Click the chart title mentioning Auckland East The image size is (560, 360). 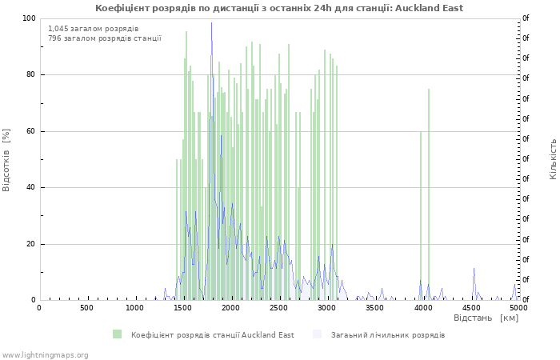tap(279, 8)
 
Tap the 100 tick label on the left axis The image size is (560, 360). tap(29, 18)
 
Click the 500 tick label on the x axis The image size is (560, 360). tap(86, 308)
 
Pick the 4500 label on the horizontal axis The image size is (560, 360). tap(470, 308)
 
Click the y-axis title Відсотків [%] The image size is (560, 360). tap(6, 160)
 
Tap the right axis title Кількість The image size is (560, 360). tap(553, 159)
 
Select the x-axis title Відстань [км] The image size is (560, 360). tap(486, 318)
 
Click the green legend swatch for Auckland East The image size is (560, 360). tap(117, 334)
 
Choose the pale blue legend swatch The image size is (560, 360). tap(317, 334)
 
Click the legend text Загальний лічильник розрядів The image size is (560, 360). tap(388, 335)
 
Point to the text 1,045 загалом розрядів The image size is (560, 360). tap(94, 29)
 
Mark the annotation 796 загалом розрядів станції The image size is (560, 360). tap(105, 38)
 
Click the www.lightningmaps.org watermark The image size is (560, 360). tap(45, 355)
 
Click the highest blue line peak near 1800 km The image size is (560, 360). tap(211, 23)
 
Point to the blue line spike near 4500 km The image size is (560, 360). tap(474, 269)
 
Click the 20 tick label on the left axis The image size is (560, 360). tap(30, 244)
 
